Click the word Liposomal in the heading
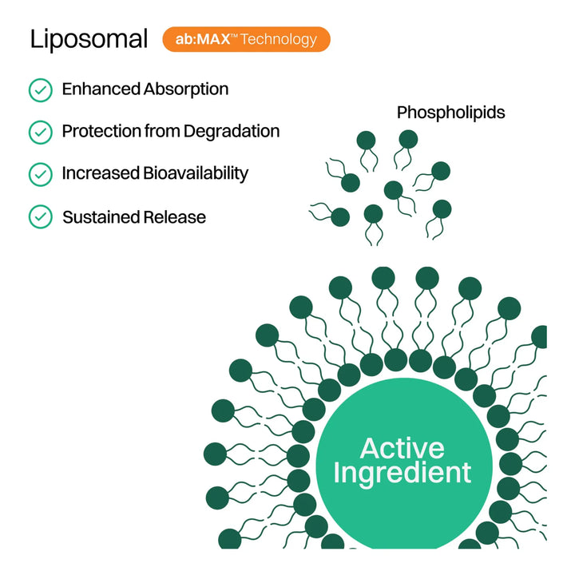click(89, 40)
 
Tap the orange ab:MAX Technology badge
click(246, 39)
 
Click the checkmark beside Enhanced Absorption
click(40, 89)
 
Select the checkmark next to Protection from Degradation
click(40, 132)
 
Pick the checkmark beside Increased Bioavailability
click(40, 174)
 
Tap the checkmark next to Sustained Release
click(40, 216)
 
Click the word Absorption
click(186, 89)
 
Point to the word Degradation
click(232, 131)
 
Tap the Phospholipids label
click(450, 113)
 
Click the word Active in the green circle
click(402, 447)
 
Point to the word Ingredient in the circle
click(402, 473)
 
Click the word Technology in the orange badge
click(279, 39)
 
